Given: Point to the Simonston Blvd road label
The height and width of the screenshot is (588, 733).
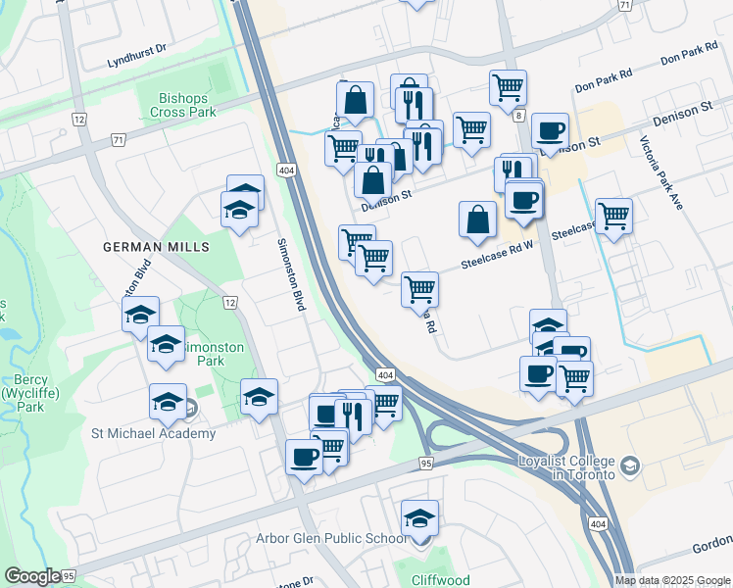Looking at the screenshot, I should [291, 275].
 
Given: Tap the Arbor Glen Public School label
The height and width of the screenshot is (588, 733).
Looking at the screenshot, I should [331, 538].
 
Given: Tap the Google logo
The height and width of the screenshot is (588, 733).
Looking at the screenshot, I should [32, 576].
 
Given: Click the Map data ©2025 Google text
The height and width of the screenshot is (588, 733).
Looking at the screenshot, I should [671, 580].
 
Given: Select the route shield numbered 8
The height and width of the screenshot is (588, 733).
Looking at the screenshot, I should [516, 116].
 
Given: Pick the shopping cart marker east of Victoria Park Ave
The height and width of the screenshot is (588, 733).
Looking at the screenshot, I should [613, 216].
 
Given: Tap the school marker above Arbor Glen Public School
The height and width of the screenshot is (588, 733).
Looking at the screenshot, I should [420, 516].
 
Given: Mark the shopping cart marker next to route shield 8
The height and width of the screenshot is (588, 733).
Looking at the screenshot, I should [508, 88].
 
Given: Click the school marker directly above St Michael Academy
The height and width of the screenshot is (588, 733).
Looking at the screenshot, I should [168, 401].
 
